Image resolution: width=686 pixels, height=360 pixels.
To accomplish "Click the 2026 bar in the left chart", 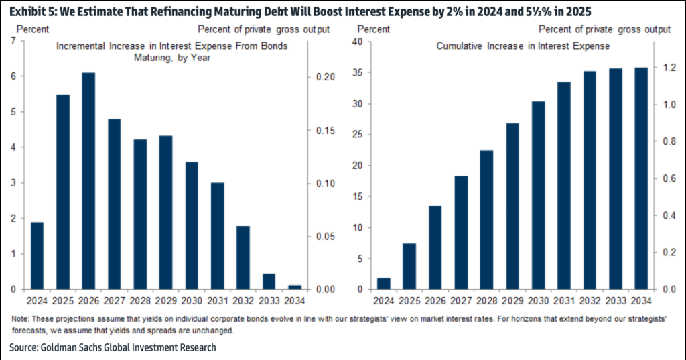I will [x=88, y=181].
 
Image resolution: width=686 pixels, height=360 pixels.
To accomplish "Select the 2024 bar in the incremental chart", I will [x=37, y=255].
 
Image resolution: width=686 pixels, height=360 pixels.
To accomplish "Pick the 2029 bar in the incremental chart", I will [x=165, y=213].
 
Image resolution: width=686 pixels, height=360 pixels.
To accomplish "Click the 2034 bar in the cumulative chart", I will [x=641, y=178].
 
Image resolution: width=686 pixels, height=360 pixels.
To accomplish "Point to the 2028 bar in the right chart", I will [x=487, y=220].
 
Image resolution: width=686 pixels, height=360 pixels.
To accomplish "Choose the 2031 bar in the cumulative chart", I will [x=564, y=186].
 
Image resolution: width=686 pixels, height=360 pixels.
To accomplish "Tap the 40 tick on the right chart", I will [x=364, y=42].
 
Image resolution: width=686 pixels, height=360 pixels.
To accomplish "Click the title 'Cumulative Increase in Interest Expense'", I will [x=523, y=46].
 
